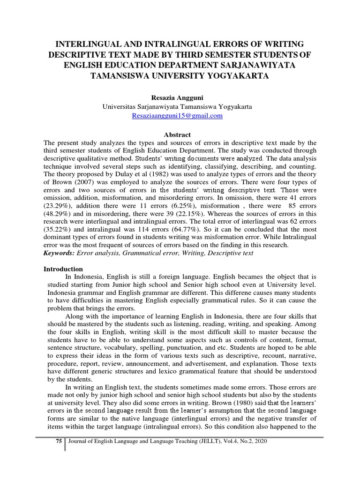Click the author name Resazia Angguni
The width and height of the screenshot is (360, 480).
(x=177, y=97)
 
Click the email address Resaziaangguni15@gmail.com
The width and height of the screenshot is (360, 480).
(x=177, y=115)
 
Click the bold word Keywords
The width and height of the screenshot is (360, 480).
(x=59, y=253)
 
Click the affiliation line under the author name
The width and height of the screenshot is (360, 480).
(x=177, y=106)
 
